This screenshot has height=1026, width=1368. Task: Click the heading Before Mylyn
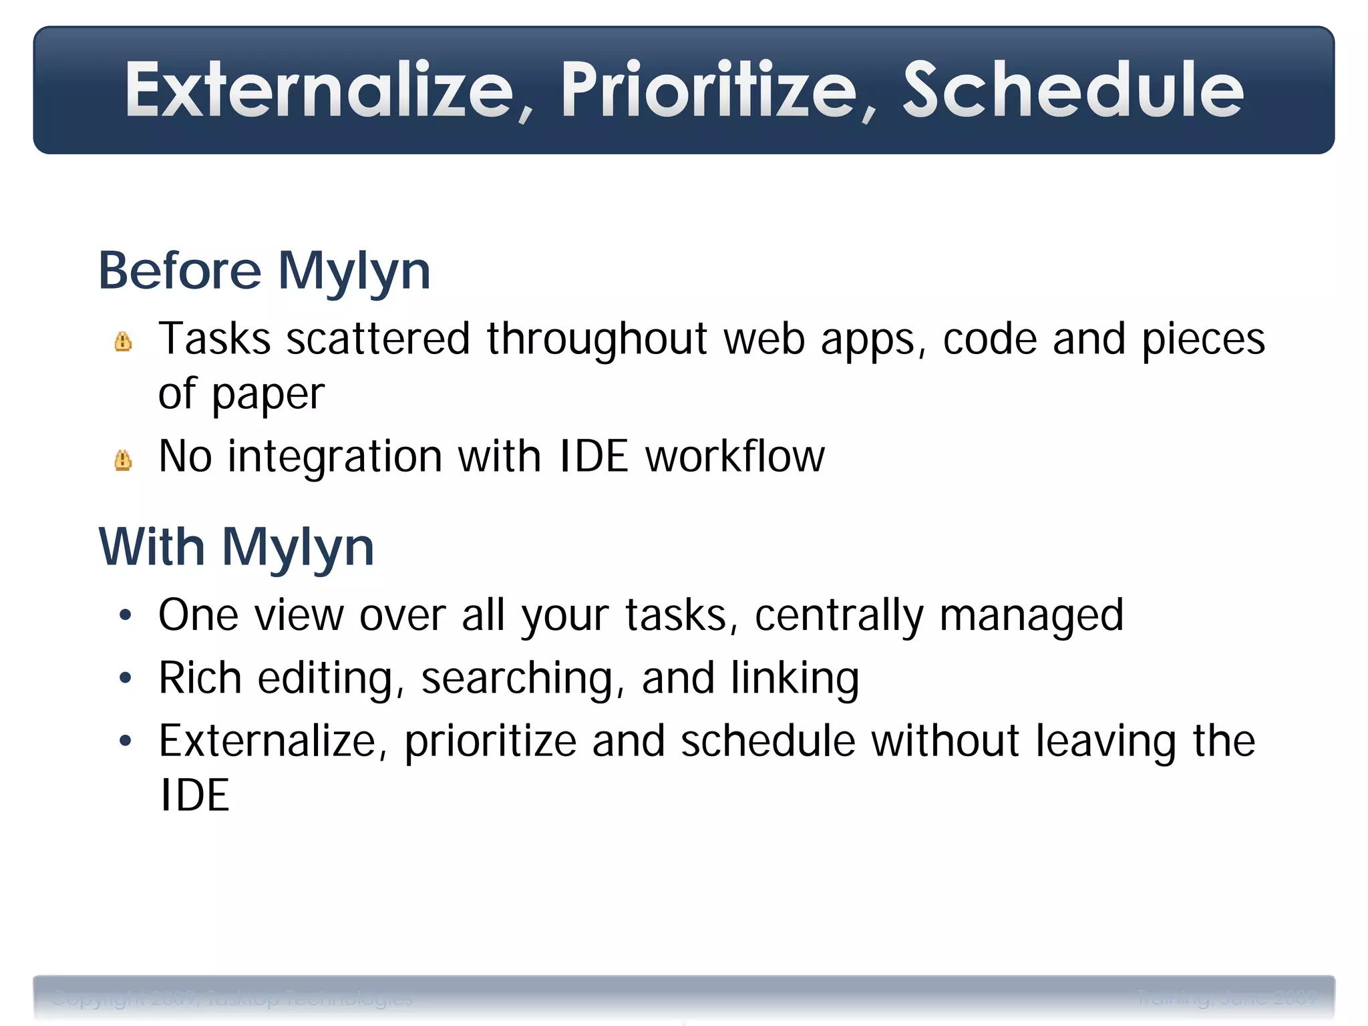click(265, 271)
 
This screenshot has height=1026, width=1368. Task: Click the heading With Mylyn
click(236, 547)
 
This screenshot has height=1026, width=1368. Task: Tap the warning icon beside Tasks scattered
click(123, 341)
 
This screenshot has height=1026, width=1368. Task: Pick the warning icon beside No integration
click(123, 460)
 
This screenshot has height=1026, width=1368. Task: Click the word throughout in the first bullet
click(596, 339)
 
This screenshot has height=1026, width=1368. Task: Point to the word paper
click(268, 394)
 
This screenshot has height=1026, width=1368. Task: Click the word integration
click(335, 458)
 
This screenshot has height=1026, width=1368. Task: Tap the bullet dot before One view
click(125, 615)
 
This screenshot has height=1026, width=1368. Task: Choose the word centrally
click(839, 615)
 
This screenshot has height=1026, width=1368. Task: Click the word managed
click(1031, 615)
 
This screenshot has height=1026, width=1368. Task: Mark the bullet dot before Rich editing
click(125, 678)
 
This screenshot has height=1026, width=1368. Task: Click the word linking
click(794, 679)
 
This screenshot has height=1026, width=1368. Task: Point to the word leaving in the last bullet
click(1105, 741)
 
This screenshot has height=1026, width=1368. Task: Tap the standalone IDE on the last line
click(194, 796)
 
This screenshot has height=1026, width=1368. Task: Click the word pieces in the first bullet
click(1203, 339)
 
